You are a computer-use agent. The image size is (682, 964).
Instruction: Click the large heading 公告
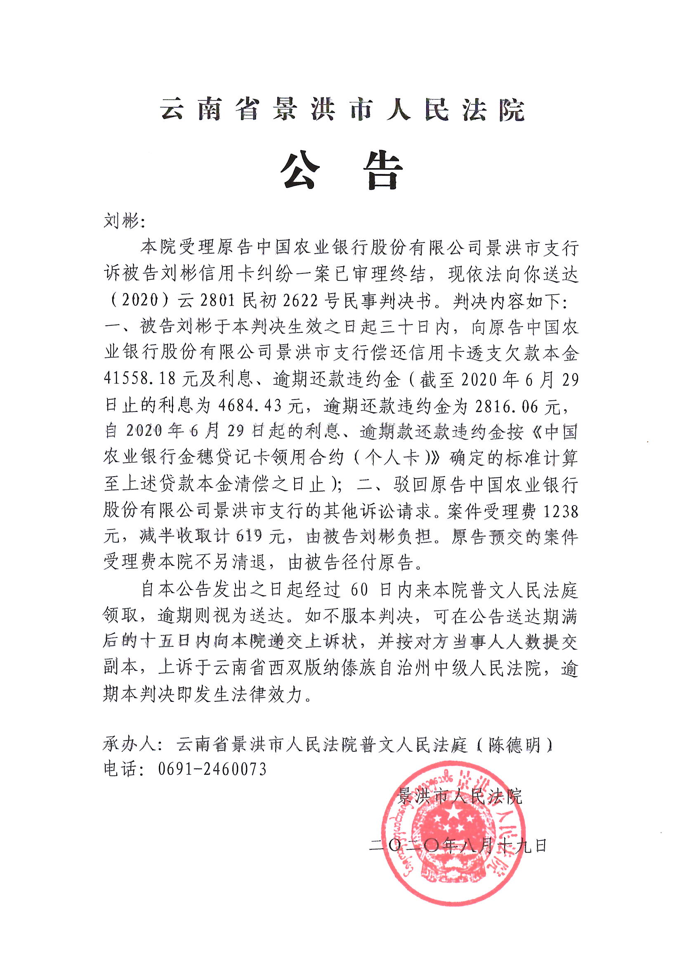point(341,171)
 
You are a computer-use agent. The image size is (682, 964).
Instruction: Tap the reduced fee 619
point(249,536)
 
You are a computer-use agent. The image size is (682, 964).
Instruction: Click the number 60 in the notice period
point(359,591)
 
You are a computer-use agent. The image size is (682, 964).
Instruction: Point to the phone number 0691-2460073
point(212,769)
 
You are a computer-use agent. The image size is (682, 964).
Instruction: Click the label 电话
point(121,769)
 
